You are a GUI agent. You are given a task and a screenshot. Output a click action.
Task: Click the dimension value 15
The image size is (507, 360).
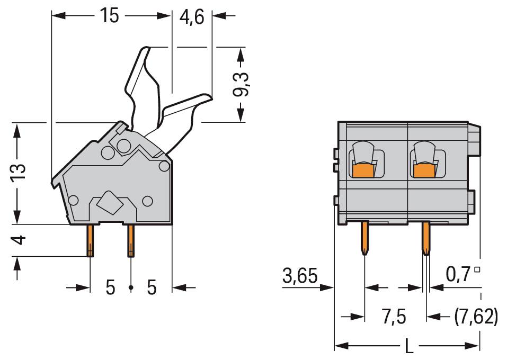110,16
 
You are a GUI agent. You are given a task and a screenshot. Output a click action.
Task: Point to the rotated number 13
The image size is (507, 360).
17,173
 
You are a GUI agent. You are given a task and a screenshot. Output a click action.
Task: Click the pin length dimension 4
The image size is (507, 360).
18,240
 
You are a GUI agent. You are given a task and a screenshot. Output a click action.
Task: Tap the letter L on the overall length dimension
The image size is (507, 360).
408,347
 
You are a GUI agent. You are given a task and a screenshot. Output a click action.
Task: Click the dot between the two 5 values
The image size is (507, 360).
131,288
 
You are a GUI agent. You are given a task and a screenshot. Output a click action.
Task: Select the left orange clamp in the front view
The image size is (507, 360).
364,171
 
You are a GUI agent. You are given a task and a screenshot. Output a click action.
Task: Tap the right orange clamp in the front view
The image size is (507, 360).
424,171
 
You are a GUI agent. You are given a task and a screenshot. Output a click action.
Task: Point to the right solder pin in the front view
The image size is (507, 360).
425,238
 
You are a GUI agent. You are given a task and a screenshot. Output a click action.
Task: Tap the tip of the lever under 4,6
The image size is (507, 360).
208,96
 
